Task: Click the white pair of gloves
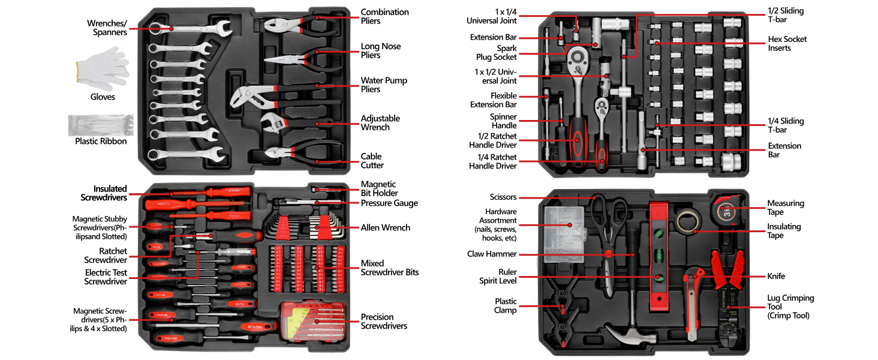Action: coord(103,68)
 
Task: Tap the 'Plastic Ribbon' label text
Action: coord(101,141)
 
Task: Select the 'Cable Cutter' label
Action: coord(372,161)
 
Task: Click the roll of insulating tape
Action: coord(688,221)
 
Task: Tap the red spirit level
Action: coord(659,257)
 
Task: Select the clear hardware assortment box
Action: coord(564,234)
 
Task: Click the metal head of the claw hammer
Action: coord(630,336)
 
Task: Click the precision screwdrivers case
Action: coord(314,322)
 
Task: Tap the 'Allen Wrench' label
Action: coord(385,228)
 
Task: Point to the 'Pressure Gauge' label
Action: coord(389,203)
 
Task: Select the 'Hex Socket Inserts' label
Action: coord(787,44)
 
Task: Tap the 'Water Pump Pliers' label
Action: coord(384,85)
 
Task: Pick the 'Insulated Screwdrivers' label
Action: coord(104,193)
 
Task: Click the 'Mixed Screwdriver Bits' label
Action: coord(390,268)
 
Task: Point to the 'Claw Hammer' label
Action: coord(492,254)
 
